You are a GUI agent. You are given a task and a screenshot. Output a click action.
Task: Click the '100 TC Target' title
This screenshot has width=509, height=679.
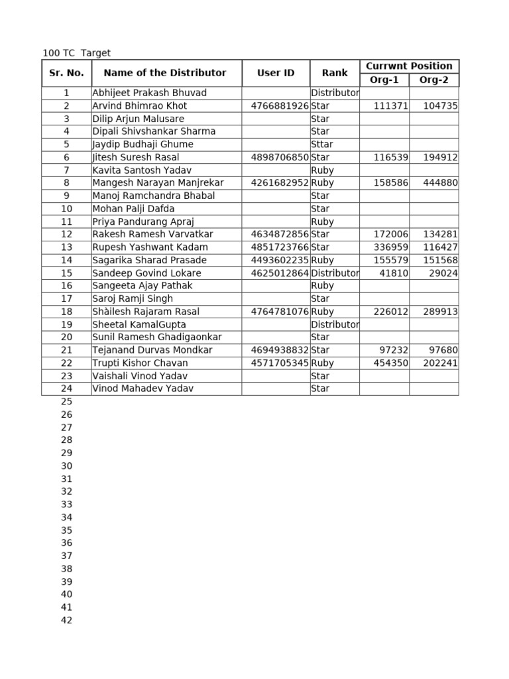tap(76, 53)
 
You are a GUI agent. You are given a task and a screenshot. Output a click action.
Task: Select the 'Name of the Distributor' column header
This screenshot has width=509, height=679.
tap(165, 73)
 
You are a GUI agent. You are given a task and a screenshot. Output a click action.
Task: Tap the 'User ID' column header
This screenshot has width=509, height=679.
tap(276, 73)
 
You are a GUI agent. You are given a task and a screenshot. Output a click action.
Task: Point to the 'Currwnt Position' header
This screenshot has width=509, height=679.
tap(409, 66)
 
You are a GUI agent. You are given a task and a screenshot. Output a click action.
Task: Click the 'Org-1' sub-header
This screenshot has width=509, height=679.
tap(384, 80)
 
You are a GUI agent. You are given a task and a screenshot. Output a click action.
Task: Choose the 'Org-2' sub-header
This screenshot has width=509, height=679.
tap(434, 80)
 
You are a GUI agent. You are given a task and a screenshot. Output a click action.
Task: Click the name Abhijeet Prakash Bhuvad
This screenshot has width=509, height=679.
tap(150, 93)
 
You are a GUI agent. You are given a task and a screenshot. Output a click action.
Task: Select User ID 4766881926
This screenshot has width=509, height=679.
tap(280, 106)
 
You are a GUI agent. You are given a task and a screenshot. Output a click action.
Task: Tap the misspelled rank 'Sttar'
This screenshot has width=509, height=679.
tap(322, 145)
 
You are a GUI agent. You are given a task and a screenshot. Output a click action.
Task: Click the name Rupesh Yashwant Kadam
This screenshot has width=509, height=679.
tap(150, 247)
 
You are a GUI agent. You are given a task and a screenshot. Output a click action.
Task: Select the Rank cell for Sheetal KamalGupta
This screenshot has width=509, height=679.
tap(335, 325)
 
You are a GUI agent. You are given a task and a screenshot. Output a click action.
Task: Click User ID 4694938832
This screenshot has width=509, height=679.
tap(280, 350)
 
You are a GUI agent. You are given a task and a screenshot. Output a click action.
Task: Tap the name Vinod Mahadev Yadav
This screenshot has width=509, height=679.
tap(143, 389)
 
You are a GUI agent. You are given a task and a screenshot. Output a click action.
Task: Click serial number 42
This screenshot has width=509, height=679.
tap(66, 621)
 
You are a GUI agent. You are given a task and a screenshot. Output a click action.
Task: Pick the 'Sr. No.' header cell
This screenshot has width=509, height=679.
tap(66, 73)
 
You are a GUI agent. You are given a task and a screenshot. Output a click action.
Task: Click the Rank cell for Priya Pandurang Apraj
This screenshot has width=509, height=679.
tap(322, 222)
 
